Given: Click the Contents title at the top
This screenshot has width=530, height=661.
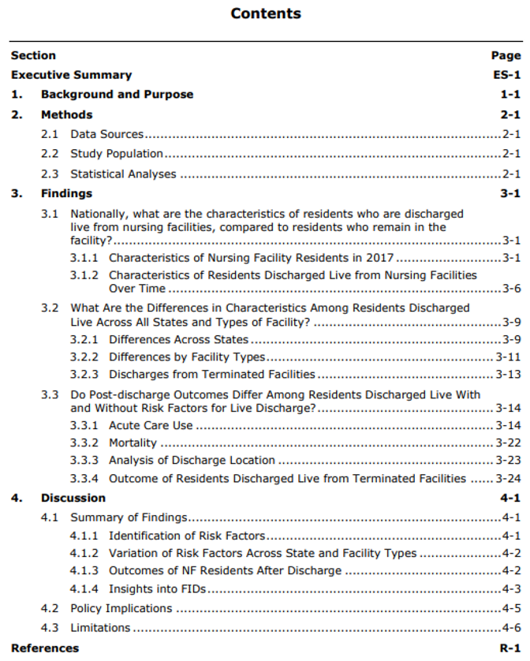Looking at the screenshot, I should tap(266, 13).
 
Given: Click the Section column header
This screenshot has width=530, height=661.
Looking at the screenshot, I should tap(33, 55).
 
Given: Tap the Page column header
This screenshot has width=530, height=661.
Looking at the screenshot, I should tap(506, 55).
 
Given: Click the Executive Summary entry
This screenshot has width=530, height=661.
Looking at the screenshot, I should tap(71, 75).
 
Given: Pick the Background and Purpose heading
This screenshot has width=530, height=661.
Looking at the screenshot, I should tap(117, 95).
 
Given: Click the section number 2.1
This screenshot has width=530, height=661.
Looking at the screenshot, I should tap(50, 134).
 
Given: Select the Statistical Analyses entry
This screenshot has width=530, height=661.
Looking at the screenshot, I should tap(123, 174).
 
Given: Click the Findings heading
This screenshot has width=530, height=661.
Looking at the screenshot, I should tap(66, 193).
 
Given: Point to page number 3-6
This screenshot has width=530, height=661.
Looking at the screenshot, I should tap(511, 289).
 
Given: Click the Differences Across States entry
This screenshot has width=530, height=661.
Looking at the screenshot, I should tap(178, 340).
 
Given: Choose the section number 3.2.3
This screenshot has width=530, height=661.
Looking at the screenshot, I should tap(84, 375).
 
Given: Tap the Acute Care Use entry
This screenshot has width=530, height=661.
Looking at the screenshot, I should tap(151, 426).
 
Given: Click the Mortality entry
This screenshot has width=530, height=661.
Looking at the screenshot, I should tap(132, 443).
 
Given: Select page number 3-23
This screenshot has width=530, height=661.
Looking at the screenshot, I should tap(508, 461).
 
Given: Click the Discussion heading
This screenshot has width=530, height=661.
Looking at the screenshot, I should tap(73, 498).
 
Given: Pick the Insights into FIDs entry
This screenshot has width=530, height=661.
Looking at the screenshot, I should tap(157, 588).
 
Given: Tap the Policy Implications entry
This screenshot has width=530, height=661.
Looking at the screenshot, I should tap(121, 608).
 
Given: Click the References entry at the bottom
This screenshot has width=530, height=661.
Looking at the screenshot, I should tap(45, 648).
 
